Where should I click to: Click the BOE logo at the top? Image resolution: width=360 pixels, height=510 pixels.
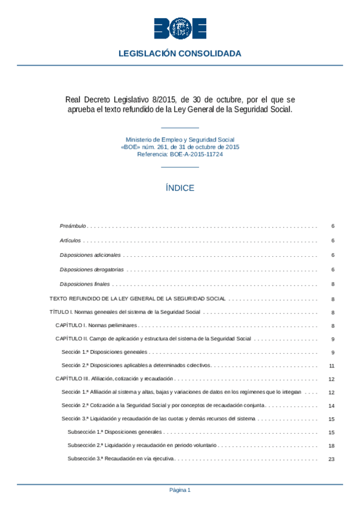click(180, 28)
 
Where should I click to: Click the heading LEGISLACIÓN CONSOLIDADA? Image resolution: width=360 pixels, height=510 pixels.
click(180, 54)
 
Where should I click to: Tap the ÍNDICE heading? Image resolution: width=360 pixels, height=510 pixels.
click(180, 188)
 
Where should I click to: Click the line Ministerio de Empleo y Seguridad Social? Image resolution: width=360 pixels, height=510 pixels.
click(180, 140)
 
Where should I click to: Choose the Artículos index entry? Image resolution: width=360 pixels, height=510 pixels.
click(70, 241)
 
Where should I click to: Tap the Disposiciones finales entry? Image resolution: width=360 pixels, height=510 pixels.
click(85, 284)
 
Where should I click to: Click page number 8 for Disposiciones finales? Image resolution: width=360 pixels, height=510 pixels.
click(332, 284)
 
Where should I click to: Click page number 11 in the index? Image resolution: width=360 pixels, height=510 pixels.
click(332, 366)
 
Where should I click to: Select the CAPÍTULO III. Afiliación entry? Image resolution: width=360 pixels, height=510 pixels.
click(114, 379)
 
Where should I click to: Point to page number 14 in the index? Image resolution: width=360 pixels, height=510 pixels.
click(332, 406)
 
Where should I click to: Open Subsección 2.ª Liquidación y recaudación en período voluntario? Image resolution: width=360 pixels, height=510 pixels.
click(142, 446)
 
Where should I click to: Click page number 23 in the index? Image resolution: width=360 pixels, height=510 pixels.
click(332, 459)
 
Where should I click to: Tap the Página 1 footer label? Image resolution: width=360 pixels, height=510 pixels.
click(180, 490)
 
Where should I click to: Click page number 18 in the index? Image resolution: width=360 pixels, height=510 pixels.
click(332, 446)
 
